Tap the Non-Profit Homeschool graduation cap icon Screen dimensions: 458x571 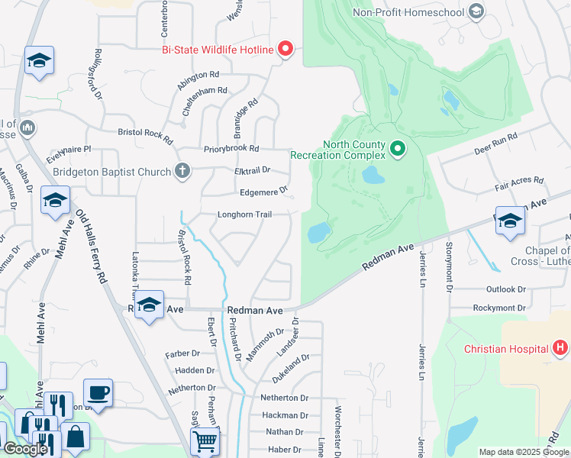[476, 11]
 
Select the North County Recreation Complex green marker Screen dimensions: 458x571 [397, 148]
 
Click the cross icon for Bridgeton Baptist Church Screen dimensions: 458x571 [182, 171]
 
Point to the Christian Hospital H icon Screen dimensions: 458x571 [560, 349]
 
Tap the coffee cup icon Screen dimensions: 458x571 [98, 392]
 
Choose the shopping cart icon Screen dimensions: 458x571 [205, 440]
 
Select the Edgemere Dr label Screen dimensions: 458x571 [263, 192]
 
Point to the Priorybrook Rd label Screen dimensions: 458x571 [231, 149]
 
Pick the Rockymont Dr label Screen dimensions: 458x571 [499, 308]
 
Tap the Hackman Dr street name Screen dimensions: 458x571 [284, 415]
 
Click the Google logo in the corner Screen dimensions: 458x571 [25, 449]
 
